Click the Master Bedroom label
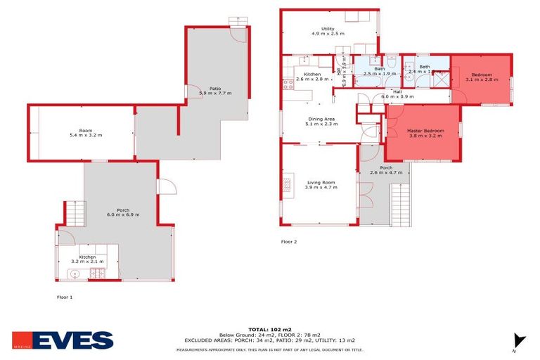pos(425,133)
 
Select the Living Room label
pos(321,184)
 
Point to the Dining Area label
pos(321,122)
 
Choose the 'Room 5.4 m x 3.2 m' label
pos(85,132)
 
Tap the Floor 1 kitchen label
pos(87,259)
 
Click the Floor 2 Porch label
pos(385,169)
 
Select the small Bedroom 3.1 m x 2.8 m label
pos(481,77)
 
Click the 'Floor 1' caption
pos(65,297)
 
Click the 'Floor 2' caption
pos(289,242)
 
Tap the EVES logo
pos(63,340)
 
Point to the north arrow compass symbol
pos(519,341)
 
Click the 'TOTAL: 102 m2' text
pos(269,329)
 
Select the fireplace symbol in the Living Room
pos(287,185)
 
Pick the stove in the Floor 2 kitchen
pos(288,86)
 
